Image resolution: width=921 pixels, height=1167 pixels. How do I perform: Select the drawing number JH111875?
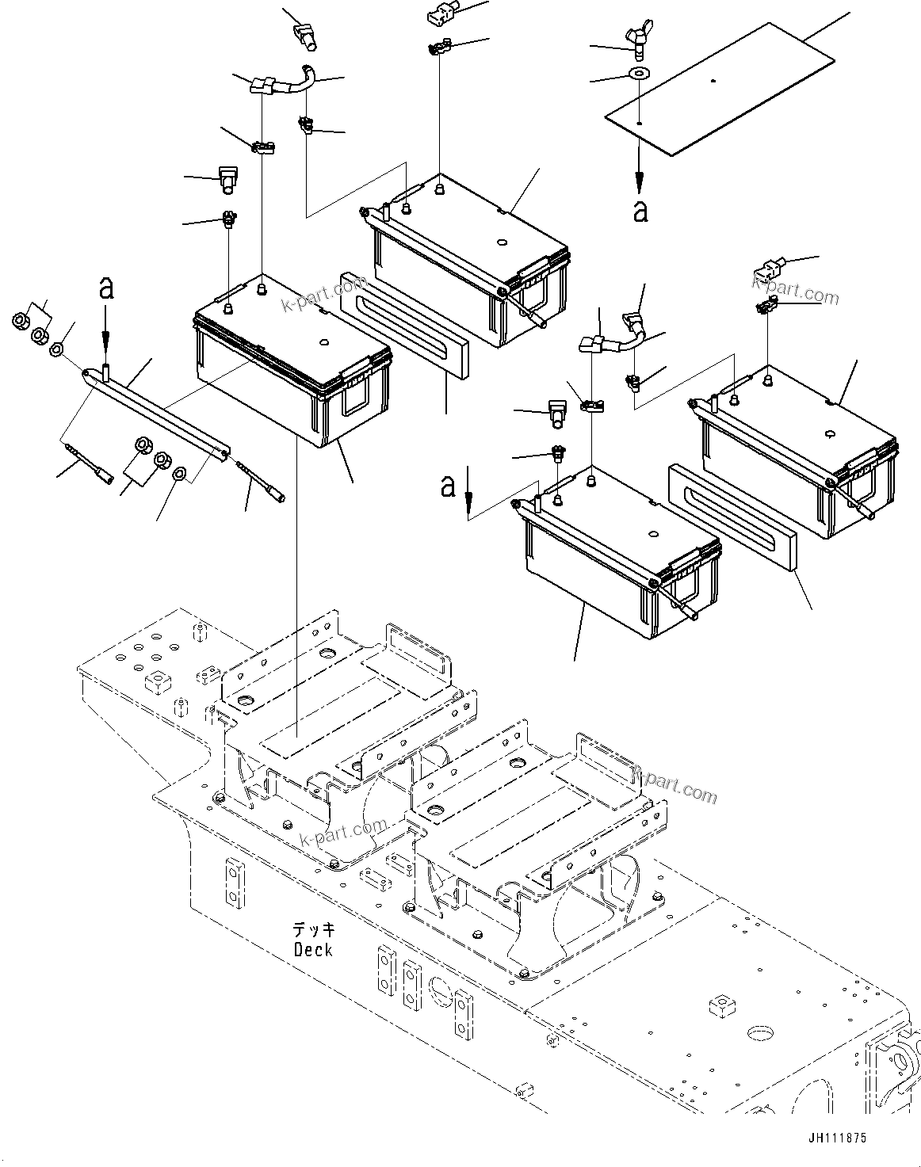pos(837,1138)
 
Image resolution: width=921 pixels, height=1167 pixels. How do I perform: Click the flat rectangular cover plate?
pos(721,87)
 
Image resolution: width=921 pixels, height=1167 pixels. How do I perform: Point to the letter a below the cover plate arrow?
pos(640,210)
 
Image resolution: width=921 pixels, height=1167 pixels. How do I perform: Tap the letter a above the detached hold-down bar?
pos(105,288)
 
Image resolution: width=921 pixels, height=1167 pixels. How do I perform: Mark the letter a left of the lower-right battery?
pos(449,485)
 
